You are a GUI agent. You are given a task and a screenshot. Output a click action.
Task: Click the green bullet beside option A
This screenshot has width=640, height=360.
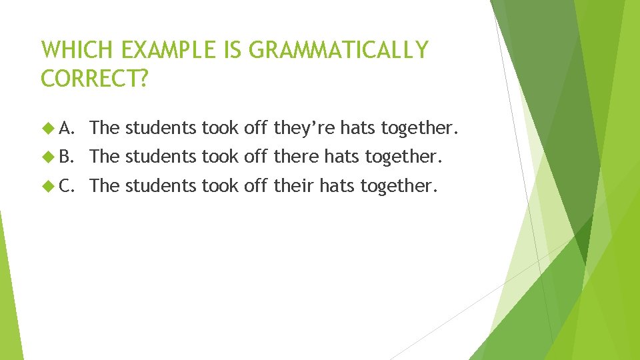[47, 127]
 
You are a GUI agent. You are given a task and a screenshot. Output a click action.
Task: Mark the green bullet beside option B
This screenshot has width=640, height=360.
[47, 156]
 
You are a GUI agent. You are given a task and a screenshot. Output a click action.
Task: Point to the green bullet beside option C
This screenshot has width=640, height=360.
[47, 185]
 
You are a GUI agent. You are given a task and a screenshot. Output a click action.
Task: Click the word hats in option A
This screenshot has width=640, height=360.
[358, 127]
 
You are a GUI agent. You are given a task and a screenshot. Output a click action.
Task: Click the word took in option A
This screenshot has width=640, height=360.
[220, 127]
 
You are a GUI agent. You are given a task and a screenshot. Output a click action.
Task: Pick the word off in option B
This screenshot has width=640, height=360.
[255, 156]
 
